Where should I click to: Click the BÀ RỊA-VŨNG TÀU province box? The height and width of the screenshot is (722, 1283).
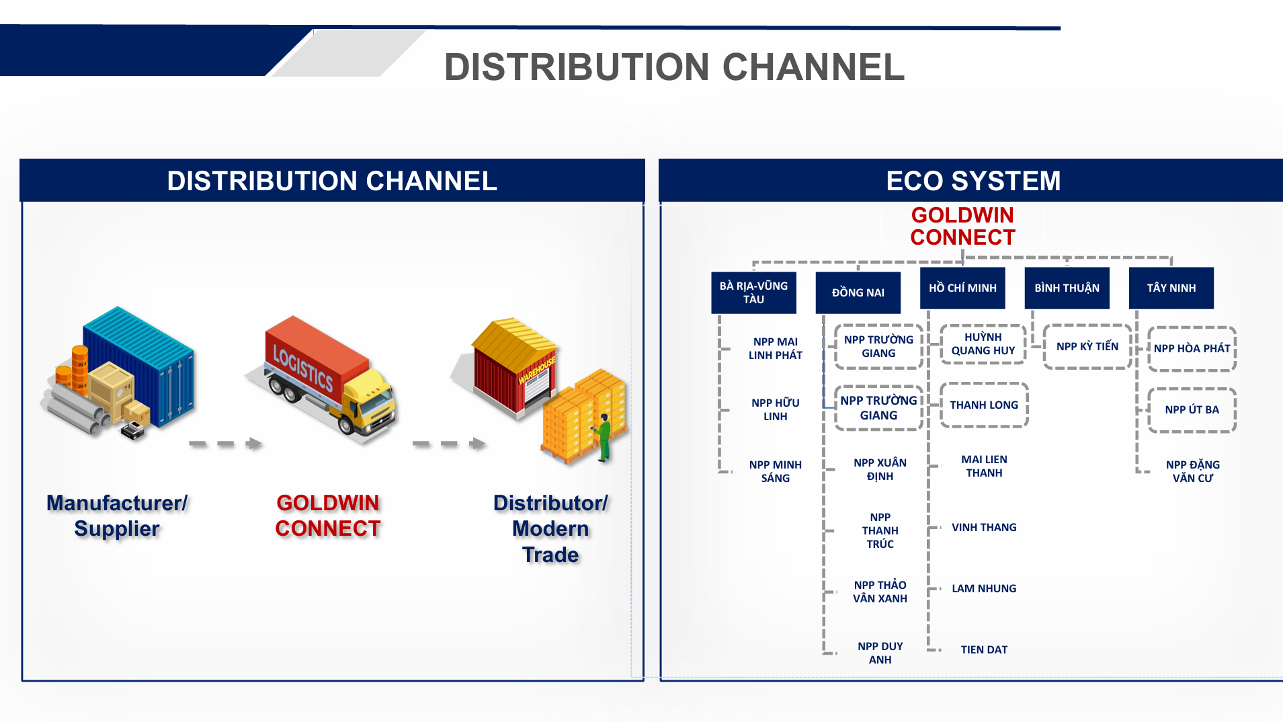[753, 292]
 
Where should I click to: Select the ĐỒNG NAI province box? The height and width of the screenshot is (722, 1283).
[858, 292]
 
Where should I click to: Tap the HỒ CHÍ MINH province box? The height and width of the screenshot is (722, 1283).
[962, 288]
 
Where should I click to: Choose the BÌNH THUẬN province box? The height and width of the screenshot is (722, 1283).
[1067, 288]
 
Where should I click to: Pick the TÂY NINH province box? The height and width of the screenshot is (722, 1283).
[1171, 288]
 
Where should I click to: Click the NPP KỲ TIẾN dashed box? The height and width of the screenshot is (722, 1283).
[1087, 347]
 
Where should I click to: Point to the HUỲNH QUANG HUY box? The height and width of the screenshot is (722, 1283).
[983, 344]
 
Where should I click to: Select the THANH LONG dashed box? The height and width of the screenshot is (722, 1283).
[984, 405]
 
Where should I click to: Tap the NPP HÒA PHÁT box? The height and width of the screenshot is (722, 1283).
[1192, 348]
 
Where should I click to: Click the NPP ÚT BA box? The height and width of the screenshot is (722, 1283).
[1192, 409]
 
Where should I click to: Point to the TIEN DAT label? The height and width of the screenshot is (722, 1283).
[984, 649]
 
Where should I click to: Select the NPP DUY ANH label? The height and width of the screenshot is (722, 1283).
[880, 653]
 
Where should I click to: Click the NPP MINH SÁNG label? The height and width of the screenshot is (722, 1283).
[775, 471]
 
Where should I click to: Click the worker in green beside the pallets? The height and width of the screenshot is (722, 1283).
[604, 437]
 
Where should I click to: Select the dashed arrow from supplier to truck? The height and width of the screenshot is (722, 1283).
[224, 444]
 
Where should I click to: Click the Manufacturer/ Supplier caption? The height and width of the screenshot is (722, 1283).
[117, 516]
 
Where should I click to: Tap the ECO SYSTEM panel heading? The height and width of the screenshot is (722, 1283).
[972, 181]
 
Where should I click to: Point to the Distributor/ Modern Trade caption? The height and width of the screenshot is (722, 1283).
[550, 528]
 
